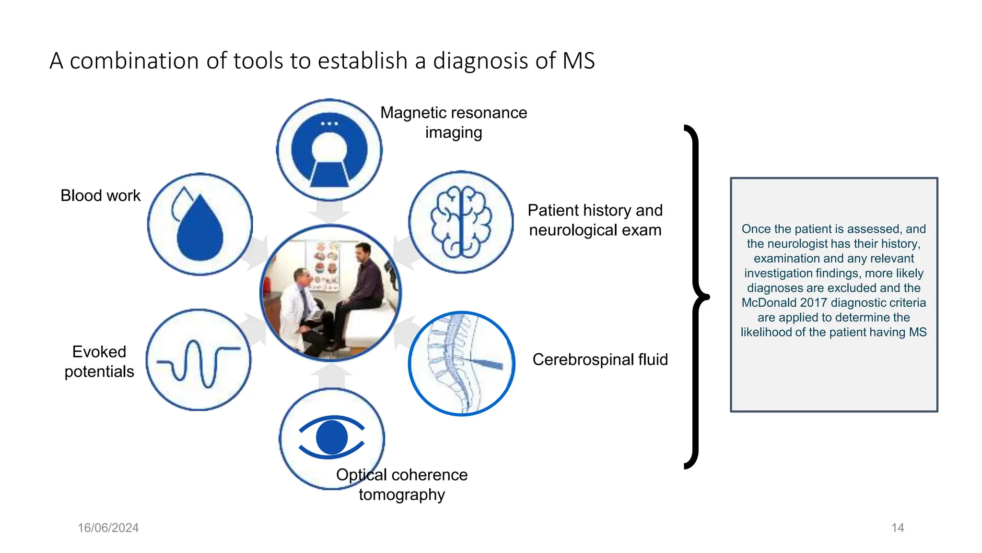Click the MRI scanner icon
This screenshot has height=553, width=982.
tap(329, 150)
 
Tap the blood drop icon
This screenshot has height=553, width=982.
tap(199, 224)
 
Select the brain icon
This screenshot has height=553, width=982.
tap(461, 222)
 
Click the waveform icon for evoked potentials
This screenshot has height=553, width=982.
tap(199, 360)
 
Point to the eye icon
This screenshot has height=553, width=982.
tap(331, 437)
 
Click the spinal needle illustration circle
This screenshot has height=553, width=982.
tap(461, 363)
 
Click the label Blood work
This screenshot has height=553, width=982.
tap(100, 196)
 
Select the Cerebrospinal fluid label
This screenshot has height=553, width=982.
tap(600, 360)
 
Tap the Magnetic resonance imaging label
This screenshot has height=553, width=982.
tap(453, 122)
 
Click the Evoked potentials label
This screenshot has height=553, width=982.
tap(99, 361)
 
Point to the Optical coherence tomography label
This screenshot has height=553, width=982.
tap(402, 484)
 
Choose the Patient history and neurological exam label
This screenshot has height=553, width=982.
tap(595, 220)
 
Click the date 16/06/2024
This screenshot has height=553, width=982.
tap(108, 528)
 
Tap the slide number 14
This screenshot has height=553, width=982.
tap(897, 528)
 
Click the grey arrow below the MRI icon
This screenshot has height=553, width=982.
tap(329, 211)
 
